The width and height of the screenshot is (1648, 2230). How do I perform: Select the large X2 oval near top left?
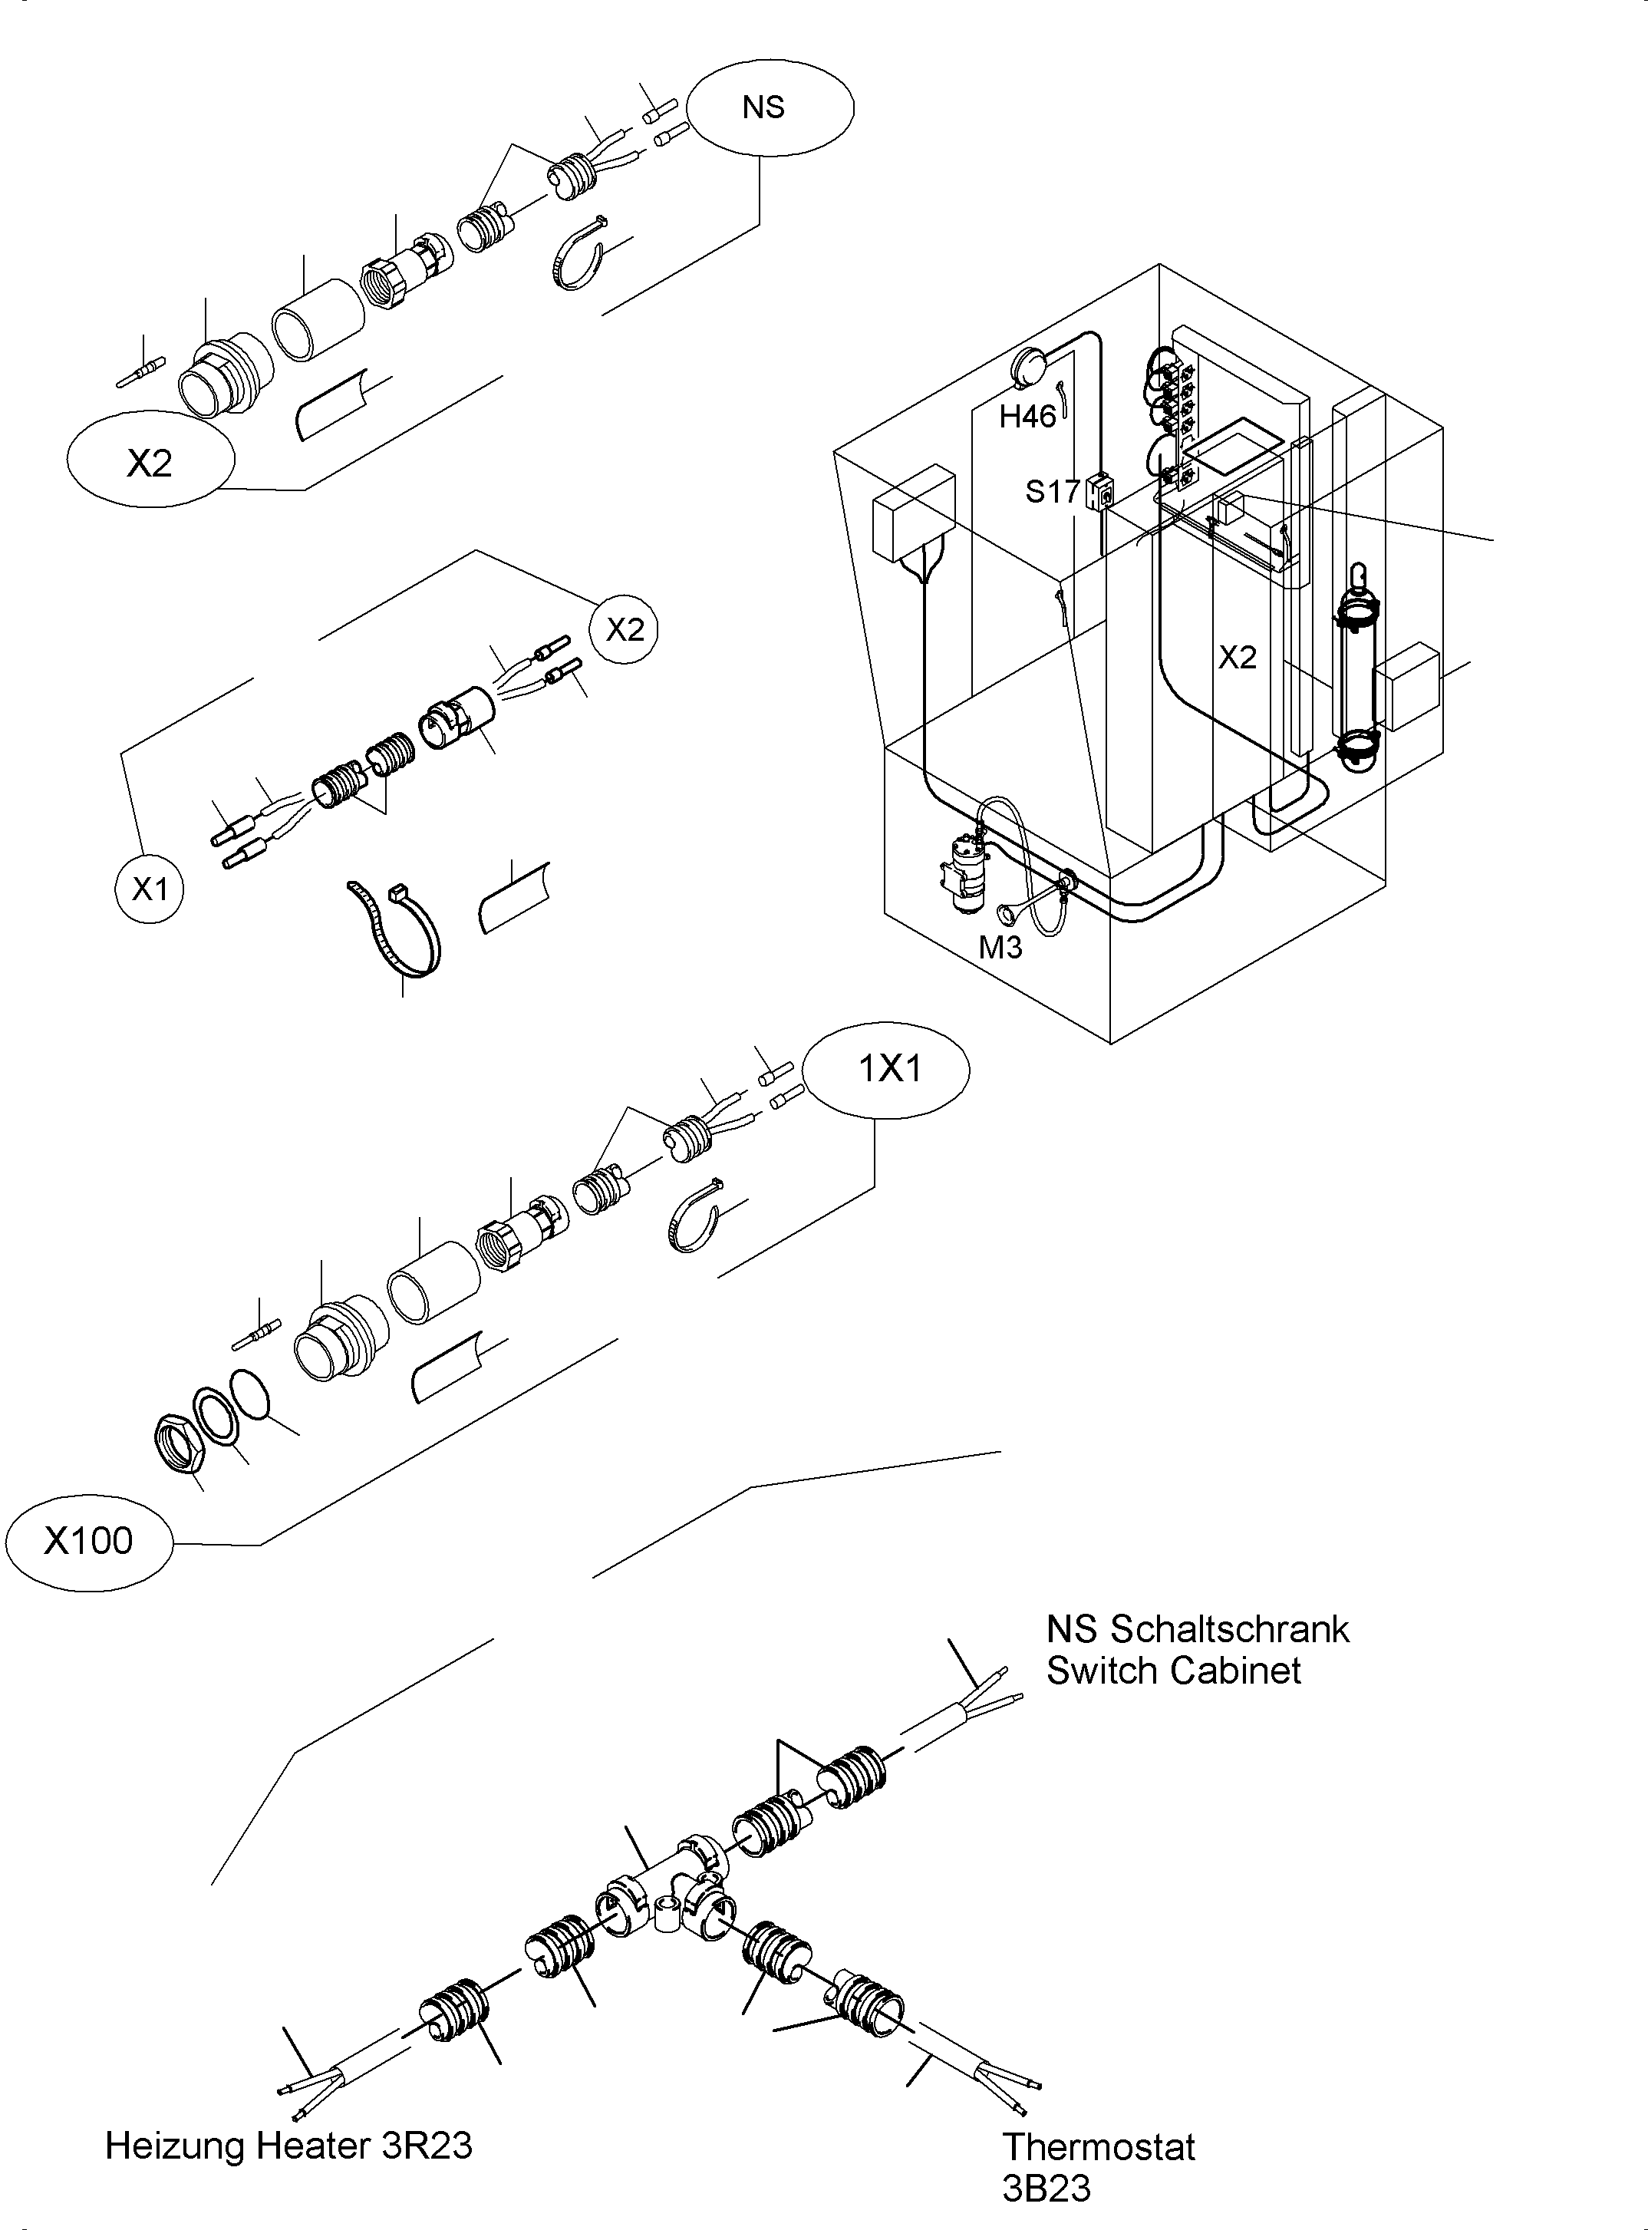click(x=150, y=462)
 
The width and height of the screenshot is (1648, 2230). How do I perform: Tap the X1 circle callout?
click(x=150, y=888)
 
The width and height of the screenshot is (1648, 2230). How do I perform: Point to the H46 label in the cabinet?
click(x=1027, y=417)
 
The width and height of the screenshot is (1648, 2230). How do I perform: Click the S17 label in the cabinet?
click(x=1053, y=491)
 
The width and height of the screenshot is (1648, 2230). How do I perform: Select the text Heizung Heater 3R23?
click(x=288, y=2145)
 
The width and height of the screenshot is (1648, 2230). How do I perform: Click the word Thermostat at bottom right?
click(x=1099, y=2146)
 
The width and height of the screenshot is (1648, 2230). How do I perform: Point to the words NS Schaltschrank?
click(x=1197, y=1629)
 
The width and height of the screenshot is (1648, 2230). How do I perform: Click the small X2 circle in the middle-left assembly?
click(x=625, y=629)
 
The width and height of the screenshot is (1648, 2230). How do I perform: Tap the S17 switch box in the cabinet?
click(x=1099, y=491)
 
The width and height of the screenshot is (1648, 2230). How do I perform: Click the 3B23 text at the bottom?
click(x=1046, y=2188)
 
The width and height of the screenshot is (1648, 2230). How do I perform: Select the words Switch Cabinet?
click(x=1173, y=1671)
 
